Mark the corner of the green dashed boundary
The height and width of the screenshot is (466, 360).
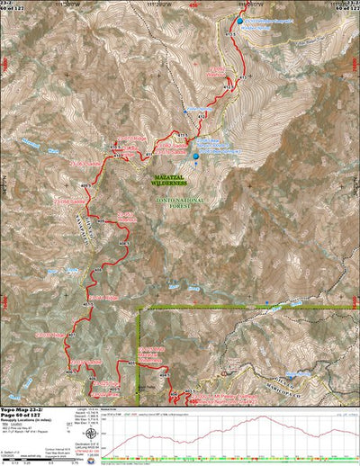coord(139,308)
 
